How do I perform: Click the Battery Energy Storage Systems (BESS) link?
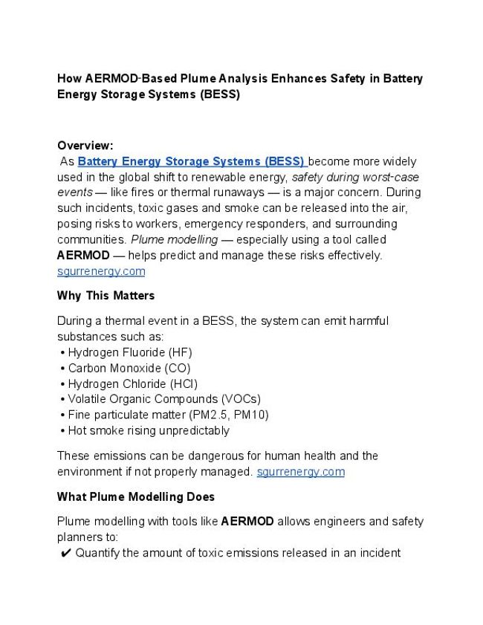[191, 161]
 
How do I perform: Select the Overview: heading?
[85, 146]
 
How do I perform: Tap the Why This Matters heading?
[106, 296]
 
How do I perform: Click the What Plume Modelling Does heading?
[136, 496]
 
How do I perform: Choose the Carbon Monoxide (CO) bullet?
[129, 368]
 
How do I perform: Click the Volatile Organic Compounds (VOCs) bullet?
[163, 399]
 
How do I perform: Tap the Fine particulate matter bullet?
[168, 415]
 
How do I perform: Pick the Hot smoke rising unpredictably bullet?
[149, 430]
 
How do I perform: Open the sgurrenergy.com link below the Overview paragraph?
[101, 271]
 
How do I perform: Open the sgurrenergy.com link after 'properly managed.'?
[300, 472]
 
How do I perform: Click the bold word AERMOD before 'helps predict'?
[82, 256]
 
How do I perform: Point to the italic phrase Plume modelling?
[174, 240]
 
